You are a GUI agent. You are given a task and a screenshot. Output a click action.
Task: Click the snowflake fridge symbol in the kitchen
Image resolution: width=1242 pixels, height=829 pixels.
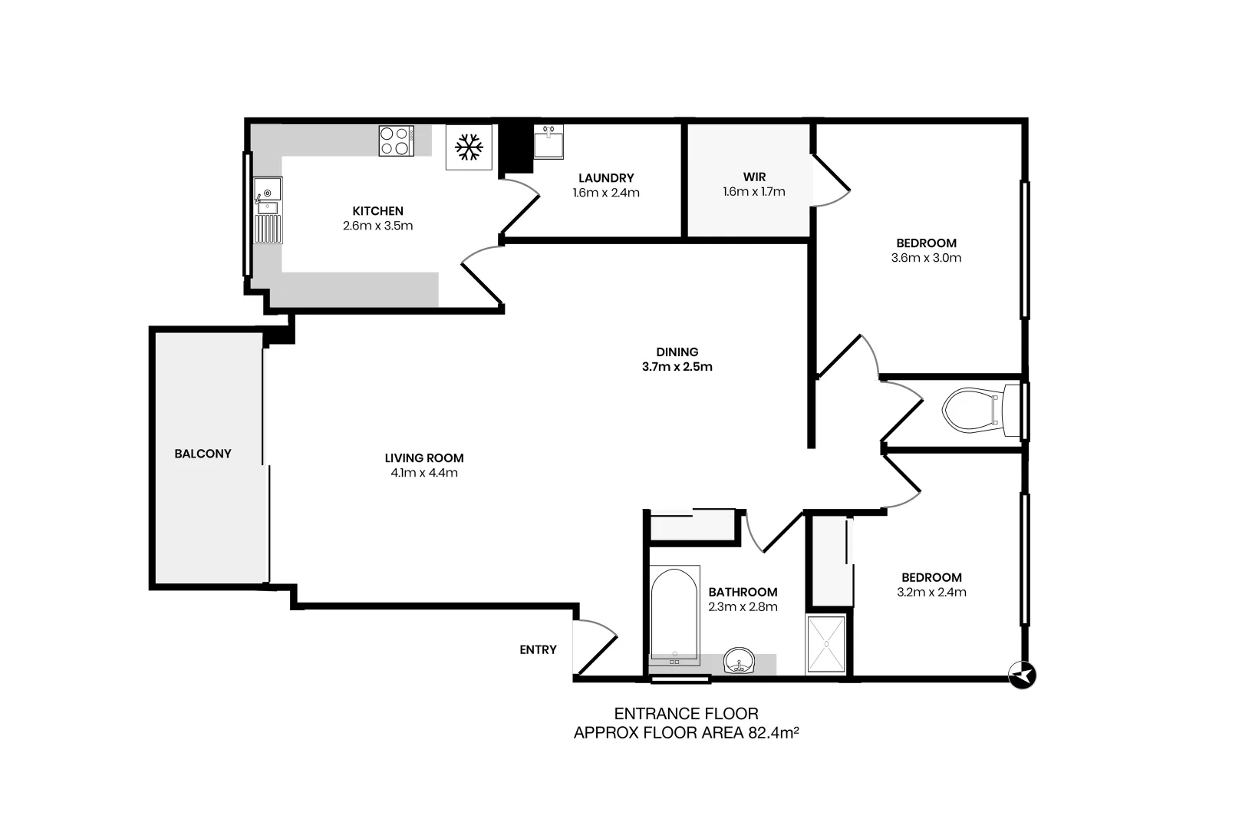468,146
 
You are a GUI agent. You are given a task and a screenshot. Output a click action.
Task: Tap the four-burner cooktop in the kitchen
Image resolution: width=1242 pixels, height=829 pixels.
396,141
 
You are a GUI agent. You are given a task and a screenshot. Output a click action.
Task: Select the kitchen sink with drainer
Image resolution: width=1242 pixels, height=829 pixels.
268,210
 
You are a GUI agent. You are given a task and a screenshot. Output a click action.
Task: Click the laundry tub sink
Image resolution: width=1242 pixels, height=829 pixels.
548,142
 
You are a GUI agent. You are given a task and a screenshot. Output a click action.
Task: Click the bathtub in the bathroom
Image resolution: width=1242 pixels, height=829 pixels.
674,614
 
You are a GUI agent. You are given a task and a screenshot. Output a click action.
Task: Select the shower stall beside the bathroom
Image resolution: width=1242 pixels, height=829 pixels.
826,645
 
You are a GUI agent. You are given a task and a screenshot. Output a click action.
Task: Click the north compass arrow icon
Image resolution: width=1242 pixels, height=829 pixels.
1022,675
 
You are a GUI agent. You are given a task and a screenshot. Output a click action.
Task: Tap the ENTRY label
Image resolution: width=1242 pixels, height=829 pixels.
538,649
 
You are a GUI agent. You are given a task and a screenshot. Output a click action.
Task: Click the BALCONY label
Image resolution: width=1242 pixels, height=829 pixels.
203,454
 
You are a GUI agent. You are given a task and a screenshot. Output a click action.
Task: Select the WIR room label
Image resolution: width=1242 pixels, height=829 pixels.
754,177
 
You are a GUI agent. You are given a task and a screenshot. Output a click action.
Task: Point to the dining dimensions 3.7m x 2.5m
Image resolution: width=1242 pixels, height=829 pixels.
677,367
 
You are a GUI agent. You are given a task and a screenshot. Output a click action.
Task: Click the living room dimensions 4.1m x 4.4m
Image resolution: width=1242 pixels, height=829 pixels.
423,473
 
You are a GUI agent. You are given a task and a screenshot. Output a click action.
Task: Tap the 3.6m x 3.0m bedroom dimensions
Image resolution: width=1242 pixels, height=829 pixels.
926,258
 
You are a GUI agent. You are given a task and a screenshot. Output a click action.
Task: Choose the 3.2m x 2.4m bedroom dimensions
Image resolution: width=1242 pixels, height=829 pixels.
931,592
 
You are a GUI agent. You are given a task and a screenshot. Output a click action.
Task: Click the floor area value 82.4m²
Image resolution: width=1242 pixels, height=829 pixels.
773,733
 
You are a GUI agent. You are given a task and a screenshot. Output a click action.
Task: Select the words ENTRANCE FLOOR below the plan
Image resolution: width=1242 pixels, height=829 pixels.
686,714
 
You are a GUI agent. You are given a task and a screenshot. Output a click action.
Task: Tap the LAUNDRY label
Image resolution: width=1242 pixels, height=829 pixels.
606,178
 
